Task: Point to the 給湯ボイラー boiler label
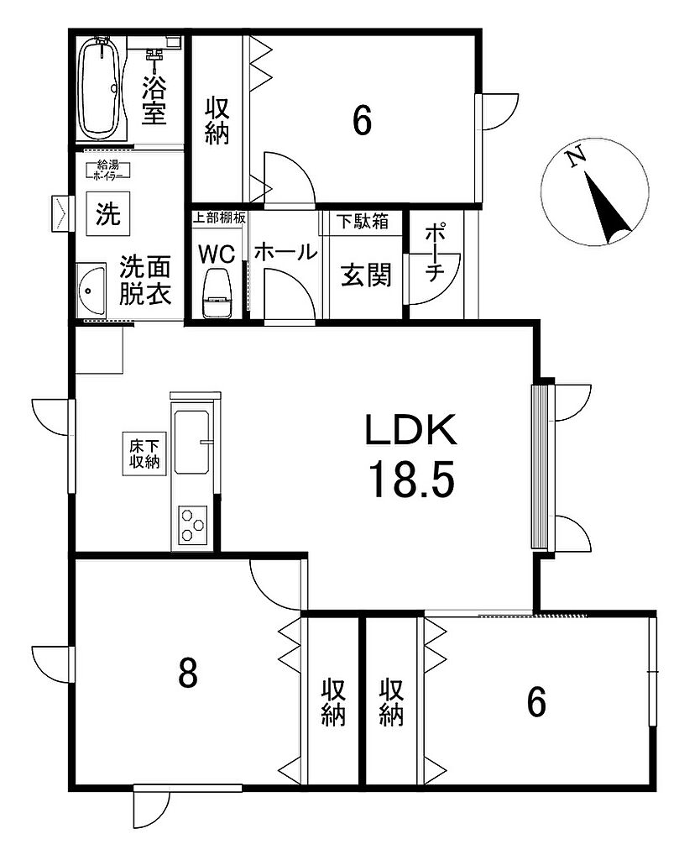108,170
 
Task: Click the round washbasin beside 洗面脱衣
91,290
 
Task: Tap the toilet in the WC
217,293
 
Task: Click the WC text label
217,254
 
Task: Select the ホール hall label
285,252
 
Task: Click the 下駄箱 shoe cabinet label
363,222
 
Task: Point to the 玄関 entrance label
366,275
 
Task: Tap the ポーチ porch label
434,252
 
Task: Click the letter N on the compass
575,158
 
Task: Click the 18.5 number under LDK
412,480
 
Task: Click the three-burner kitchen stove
192,526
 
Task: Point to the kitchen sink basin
192,442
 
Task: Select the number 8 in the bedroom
187,674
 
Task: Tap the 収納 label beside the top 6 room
217,121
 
